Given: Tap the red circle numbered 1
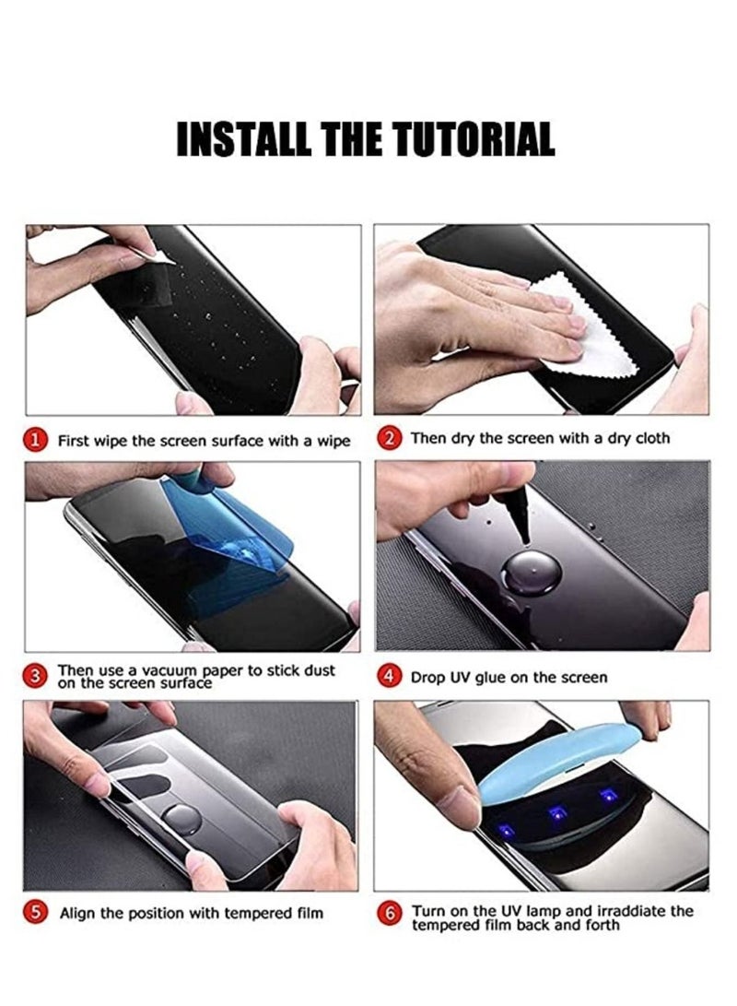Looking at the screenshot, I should pyautogui.click(x=36, y=441).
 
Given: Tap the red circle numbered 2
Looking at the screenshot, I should pyautogui.click(x=390, y=439).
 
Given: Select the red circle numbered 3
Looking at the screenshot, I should pyautogui.click(x=36, y=677).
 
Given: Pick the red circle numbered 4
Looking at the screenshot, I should pyautogui.click(x=390, y=677).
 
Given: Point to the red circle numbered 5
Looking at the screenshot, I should pyautogui.click(x=36, y=913).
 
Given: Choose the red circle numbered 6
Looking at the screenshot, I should pyautogui.click(x=390, y=914).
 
